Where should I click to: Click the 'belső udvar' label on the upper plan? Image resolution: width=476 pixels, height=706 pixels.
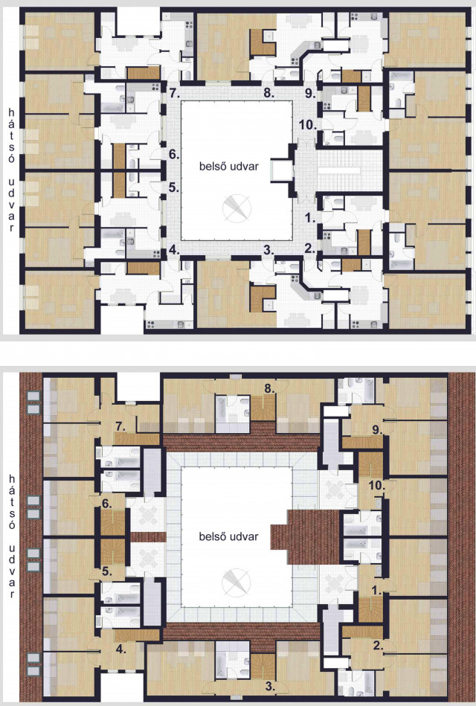pos(229,166)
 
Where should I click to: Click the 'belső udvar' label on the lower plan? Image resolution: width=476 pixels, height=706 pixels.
pos(229,536)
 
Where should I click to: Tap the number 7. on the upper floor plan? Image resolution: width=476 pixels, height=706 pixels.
pos(174,93)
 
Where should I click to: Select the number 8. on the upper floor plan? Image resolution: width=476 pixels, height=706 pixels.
pos(268,93)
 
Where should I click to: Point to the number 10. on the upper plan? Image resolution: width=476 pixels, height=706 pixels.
pos(308,125)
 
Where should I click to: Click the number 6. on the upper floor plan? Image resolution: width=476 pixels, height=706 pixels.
pos(174,154)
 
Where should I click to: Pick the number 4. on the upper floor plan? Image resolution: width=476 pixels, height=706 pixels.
pos(174,250)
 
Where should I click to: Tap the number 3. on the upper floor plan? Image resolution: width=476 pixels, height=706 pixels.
pos(268,251)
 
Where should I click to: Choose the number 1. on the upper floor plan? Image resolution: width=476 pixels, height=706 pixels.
pos(310,218)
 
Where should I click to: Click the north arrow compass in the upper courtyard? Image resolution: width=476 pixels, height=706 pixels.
pos(237,208)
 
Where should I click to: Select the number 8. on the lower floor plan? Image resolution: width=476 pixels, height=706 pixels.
pos(269,388)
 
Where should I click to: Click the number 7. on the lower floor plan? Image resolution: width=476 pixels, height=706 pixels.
pos(120,426)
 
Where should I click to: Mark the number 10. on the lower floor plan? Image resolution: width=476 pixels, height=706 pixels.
pos(376,485)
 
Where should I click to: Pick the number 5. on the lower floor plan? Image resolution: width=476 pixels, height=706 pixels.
pos(107,571)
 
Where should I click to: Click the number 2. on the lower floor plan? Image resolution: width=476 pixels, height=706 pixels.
pos(377,645)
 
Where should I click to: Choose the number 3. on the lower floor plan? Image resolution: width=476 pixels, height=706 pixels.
pos(270,686)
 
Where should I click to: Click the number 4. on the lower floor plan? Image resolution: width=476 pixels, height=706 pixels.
pos(120,649)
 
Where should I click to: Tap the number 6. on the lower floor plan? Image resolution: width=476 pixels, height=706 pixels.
pos(107,504)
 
